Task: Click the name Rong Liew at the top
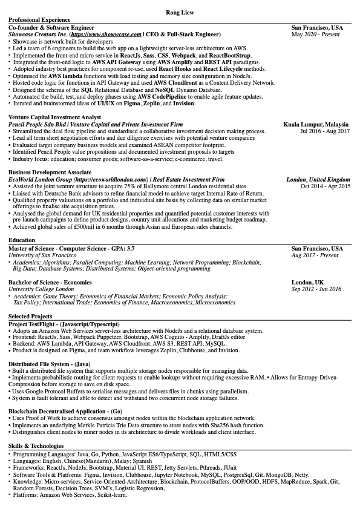(180, 12)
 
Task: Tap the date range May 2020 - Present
(316, 34)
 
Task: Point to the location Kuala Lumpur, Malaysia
(316, 123)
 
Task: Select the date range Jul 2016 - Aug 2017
(325, 131)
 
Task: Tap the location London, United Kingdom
(318, 180)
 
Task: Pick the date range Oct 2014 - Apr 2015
(325, 187)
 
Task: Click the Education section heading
(22, 240)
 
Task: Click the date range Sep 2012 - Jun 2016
(316, 289)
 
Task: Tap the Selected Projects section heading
(30, 317)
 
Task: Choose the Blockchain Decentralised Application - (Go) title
(65, 411)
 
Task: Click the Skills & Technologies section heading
(36, 445)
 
